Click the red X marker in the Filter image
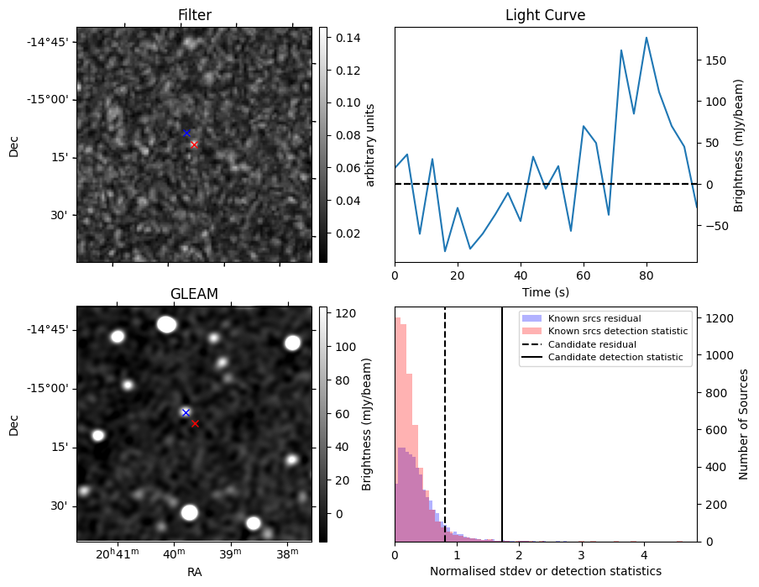click(194, 144)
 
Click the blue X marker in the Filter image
click(186, 133)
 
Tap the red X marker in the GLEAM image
click(195, 423)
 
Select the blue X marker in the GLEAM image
click(186, 412)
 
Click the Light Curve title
click(546, 15)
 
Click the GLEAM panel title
click(194, 294)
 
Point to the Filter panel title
click(195, 15)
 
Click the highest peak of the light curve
click(646, 37)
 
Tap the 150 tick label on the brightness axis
click(716, 60)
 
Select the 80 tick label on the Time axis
click(646, 275)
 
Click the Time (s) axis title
click(546, 292)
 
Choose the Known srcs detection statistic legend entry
click(605, 331)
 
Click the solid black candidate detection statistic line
click(502, 424)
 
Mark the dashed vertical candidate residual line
click(445, 424)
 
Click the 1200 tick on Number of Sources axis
click(720, 318)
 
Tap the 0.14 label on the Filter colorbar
click(348, 38)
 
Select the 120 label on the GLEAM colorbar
click(346, 313)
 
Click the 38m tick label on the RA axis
click(287, 554)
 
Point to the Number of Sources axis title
click(743, 424)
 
